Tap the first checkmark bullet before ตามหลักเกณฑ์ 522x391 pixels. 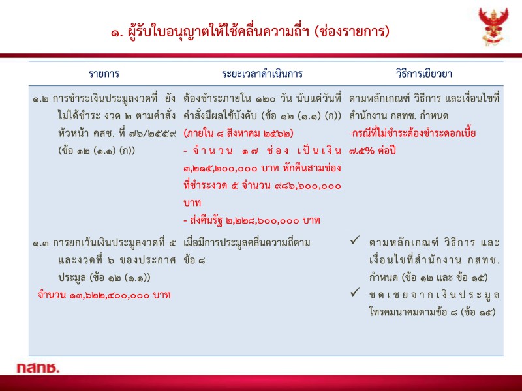[x=355, y=242]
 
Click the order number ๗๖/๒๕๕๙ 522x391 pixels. [x=139, y=134]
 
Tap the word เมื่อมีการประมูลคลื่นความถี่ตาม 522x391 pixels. [x=247, y=243]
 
